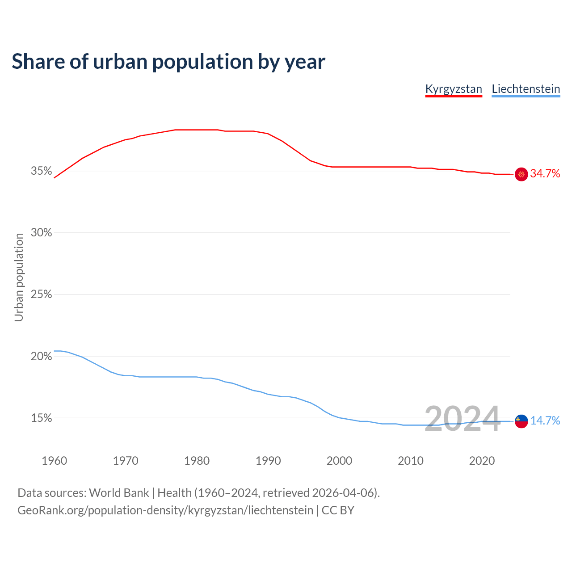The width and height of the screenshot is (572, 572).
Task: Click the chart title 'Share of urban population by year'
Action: click(x=168, y=62)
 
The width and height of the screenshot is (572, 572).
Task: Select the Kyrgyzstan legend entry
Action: click(x=454, y=89)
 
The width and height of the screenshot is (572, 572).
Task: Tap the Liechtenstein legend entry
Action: click(x=526, y=89)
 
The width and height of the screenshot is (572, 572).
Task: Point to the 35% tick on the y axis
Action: click(x=42, y=171)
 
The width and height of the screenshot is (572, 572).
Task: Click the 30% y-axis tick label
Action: click(x=42, y=233)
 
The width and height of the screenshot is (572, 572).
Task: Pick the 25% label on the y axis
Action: click(x=42, y=294)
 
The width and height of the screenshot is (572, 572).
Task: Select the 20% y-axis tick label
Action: click(x=42, y=357)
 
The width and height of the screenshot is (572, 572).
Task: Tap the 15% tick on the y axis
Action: click(x=42, y=418)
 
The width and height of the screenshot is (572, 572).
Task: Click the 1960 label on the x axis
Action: click(x=54, y=461)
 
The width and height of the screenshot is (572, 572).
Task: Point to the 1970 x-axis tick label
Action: click(x=126, y=461)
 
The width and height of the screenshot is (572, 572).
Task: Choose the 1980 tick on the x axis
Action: click(x=197, y=461)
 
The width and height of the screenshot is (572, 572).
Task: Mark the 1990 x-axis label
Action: click(x=268, y=461)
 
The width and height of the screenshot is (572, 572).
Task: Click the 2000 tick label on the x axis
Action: click(x=339, y=461)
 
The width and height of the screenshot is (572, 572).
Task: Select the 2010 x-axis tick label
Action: click(x=411, y=461)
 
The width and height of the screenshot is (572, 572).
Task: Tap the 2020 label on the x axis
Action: click(x=482, y=461)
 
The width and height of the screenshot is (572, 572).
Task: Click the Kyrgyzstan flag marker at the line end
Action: click(x=522, y=174)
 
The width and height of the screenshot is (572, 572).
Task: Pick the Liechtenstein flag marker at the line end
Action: click(x=522, y=421)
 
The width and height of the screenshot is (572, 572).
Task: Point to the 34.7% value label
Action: click(x=545, y=174)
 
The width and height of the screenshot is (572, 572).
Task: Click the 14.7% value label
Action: click(x=545, y=421)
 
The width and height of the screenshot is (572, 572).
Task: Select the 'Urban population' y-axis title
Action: click(x=19, y=277)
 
